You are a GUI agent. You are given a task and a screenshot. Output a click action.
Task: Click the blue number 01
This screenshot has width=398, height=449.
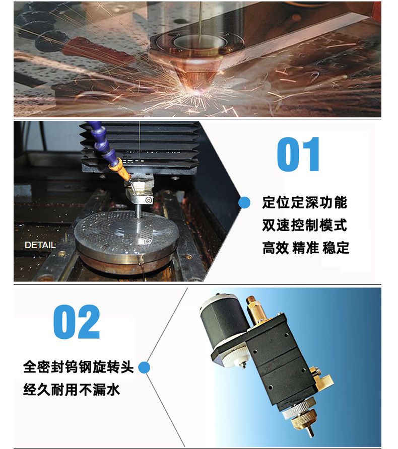tap(298, 154)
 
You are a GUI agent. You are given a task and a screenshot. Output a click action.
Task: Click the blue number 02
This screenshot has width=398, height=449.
tap(77, 322)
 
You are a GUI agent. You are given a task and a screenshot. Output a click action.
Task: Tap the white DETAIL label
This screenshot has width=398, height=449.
tap(40, 245)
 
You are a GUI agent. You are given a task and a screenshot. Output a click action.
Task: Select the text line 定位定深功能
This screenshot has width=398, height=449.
tap(305, 203)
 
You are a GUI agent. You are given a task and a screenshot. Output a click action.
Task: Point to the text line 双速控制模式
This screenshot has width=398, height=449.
tap(305, 225)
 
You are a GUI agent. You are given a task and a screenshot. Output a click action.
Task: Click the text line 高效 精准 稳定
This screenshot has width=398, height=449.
tap(306, 248)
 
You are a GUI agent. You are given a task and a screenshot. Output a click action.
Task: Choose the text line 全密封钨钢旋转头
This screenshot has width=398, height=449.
tap(78, 367)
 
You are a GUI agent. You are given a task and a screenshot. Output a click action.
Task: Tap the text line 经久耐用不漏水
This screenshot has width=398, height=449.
tap(72, 390)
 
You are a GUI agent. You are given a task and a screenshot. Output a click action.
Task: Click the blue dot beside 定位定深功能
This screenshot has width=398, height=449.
tap(244, 203)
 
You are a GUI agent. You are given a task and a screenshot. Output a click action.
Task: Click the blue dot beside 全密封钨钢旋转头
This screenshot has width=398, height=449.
tap(144, 367)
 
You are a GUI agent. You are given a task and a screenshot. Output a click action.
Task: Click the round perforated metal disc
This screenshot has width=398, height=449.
tap(126, 236)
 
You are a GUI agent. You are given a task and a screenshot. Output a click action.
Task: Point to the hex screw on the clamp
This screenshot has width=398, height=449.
tap(148, 200)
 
